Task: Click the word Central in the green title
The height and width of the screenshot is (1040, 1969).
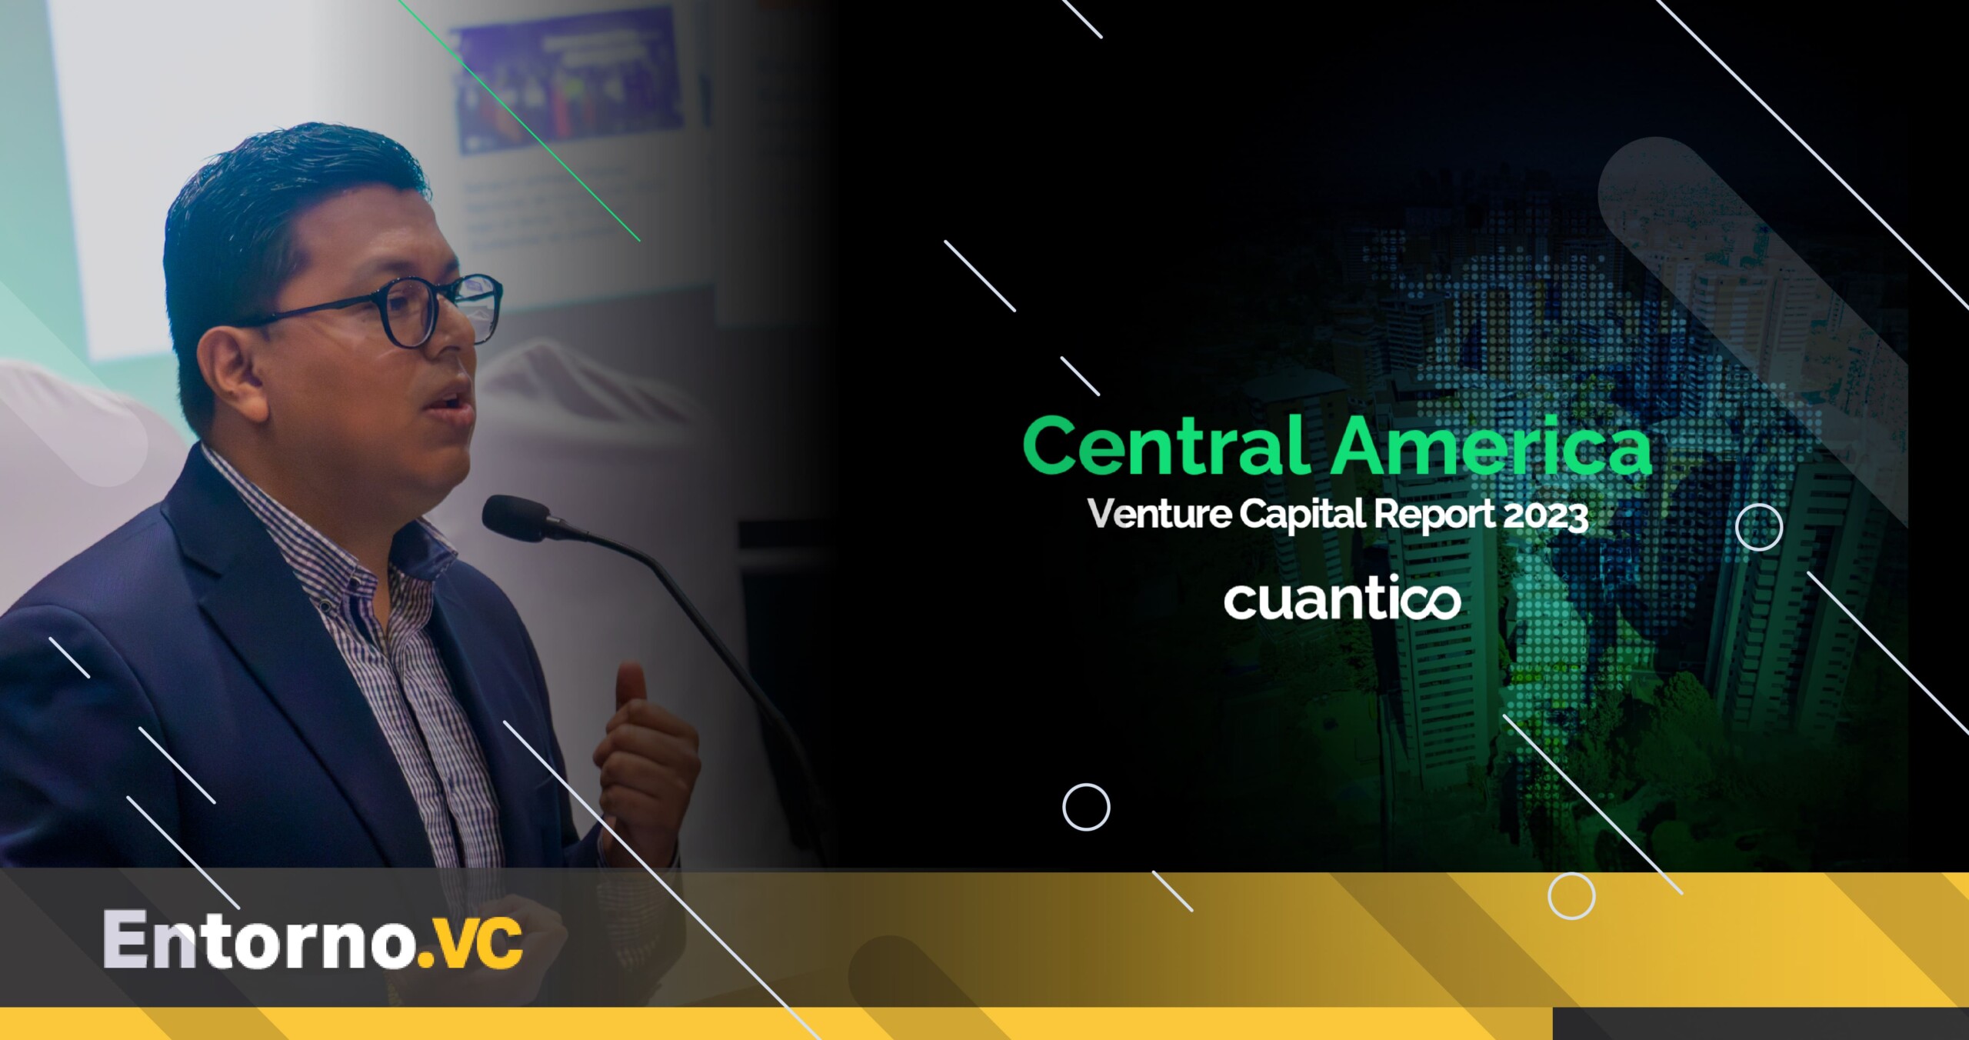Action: coord(1167,446)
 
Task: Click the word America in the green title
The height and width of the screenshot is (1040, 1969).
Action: coord(1492,446)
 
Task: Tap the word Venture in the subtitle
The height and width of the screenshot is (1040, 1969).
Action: coord(1159,514)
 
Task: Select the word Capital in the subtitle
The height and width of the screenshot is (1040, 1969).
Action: coord(1303,515)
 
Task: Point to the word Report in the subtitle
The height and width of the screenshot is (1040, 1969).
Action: coord(1434,515)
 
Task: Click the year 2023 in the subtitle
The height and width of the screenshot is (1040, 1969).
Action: coord(1545,515)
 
